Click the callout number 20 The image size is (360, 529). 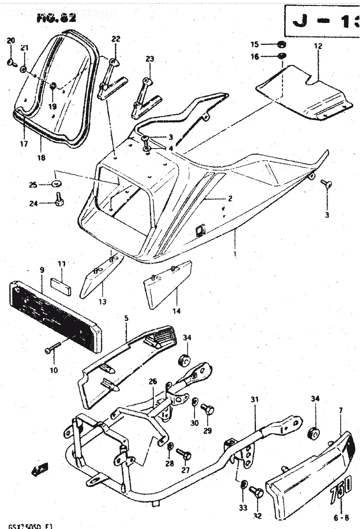11,41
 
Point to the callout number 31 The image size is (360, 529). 255,400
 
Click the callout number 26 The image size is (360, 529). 152,382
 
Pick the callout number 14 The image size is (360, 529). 176,311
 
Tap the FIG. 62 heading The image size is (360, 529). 56,19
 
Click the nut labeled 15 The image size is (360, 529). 282,45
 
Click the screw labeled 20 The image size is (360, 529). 11,63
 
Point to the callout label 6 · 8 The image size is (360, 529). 341,518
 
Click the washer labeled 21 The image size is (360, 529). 23,69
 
